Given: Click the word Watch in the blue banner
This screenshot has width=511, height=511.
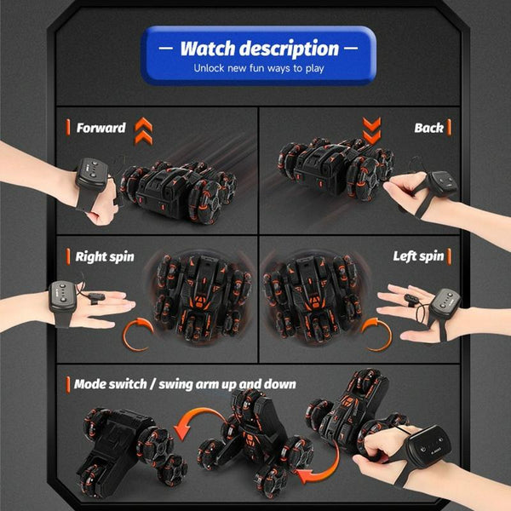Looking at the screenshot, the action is pos(208,49).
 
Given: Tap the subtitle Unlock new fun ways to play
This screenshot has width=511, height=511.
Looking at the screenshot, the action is pos(259,68).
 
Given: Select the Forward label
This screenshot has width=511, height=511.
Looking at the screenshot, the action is pos(101,128).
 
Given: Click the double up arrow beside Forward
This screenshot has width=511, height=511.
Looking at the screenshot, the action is pos(143,130).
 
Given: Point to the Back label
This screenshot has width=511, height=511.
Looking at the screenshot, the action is pos(428,128).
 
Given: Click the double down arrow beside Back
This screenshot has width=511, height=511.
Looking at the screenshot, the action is pos(372,130).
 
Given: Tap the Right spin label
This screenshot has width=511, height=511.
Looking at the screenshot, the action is pos(105,256).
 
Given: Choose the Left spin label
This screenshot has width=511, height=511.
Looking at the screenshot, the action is pos(418,256).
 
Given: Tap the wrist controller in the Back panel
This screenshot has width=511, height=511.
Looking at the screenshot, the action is pos(442,183).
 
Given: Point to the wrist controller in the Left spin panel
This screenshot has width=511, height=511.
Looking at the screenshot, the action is pos(445,303).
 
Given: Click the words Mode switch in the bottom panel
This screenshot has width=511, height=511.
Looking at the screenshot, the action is pos(110,384).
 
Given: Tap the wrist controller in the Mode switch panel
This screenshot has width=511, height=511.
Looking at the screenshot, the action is pos(429,445).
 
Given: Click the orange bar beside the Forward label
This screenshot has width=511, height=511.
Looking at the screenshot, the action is pos(68,127).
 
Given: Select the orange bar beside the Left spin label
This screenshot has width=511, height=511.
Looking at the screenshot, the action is pos(450,256).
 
